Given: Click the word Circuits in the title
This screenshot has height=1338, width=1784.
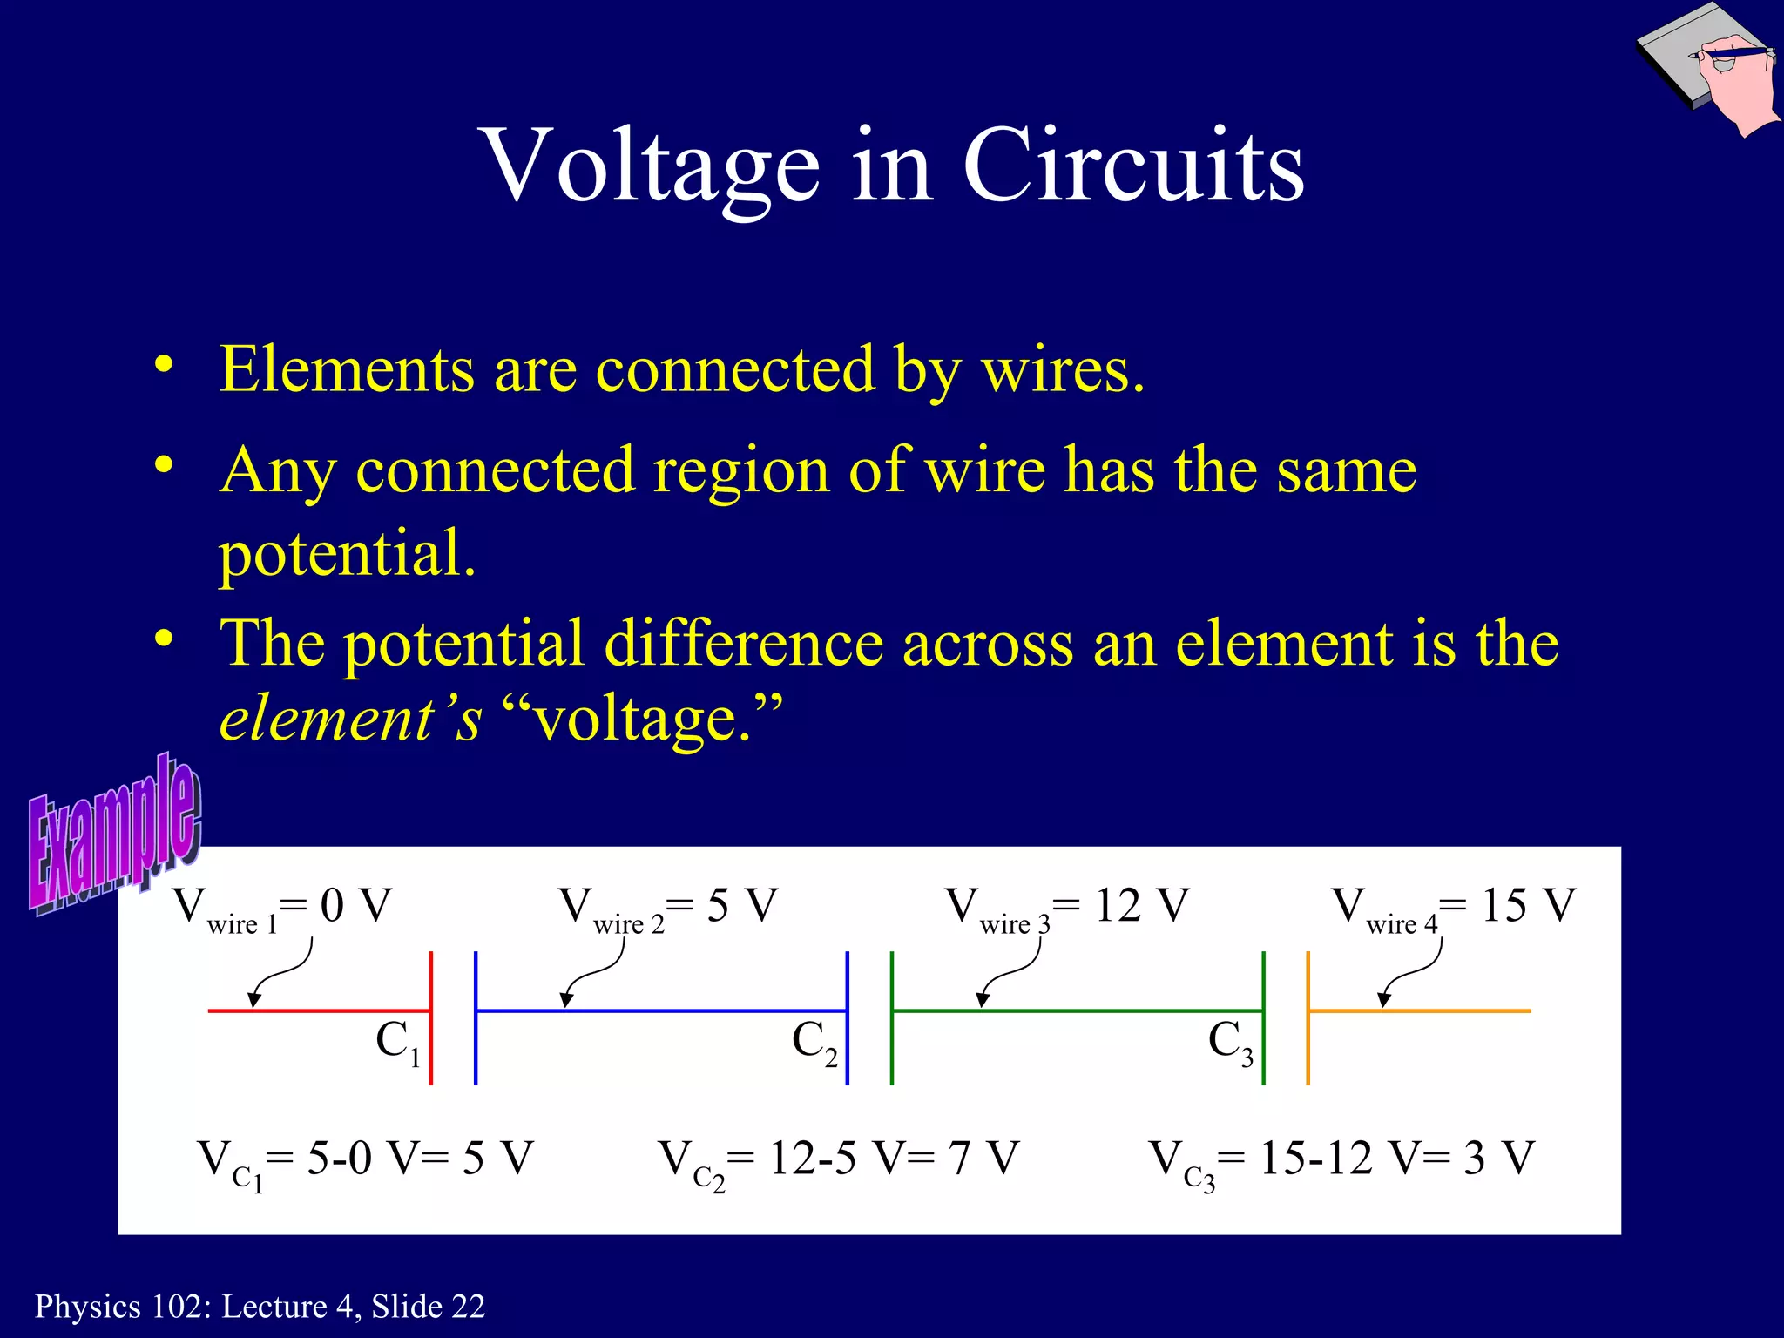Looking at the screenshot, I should [1132, 166].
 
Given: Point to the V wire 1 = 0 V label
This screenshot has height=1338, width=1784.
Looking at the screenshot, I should [283, 908].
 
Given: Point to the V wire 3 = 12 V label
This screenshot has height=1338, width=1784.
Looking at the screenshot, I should [1067, 908].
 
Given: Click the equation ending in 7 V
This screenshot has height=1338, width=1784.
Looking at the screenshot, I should [838, 1161].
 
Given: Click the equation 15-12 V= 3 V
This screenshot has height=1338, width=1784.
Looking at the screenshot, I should [1341, 1161].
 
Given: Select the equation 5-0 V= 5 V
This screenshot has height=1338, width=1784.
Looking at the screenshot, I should [366, 1161].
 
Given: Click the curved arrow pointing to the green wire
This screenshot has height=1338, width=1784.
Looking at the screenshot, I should [1010, 971].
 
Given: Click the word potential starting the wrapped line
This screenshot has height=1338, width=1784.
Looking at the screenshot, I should [347, 552].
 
